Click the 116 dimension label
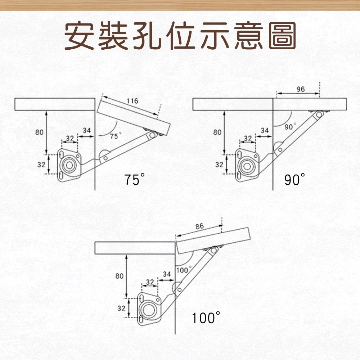pyautogui.click(x=133, y=101)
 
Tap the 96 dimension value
pyautogui.click(x=301, y=89)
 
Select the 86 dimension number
pyautogui.click(x=199, y=226)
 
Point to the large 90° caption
pyautogui.click(x=295, y=179)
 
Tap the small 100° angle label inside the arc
pyautogui.click(x=184, y=270)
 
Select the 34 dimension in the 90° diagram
pyautogui.click(x=265, y=130)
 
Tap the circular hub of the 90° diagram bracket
pyautogui.click(x=247, y=166)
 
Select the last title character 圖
pyautogui.click(x=283, y=36)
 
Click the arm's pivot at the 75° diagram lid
pyautogui.click(x=153, y=135)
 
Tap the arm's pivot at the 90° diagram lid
pyautogui.click(x=319, y=114)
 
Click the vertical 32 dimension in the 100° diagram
pyautogui.click(x=121, y=309)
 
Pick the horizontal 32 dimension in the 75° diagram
pyautogui.click(x=70, y=138)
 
